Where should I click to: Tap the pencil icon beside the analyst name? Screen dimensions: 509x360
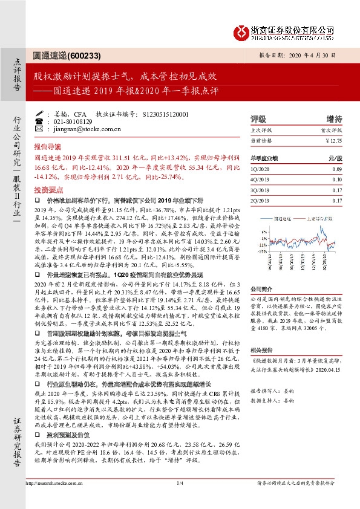coord(41,113)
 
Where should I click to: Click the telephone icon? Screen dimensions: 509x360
coord(41,120)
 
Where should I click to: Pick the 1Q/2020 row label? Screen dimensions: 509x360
coord(258,170)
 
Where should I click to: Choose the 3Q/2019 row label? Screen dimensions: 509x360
coord(258,190)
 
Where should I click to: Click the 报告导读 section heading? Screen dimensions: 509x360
coord(47,146)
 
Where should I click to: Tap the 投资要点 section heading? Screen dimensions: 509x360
coord(47,189)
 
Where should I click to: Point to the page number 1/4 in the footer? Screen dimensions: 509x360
coord(180,499)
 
